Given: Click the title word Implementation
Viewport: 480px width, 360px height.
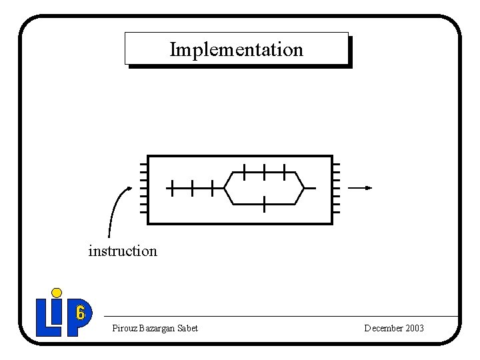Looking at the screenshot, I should pyautogui.click(x=236, y=49).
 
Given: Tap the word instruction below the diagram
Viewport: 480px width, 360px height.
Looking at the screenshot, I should pyautogui.click(x=123, y=251).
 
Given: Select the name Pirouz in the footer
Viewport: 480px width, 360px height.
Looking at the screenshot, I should pyautogui.click(x=125, y=328).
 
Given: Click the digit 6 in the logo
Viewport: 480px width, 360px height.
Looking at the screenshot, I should pyautogui.click(x=81, y=313).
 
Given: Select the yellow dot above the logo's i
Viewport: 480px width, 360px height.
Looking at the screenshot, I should pyautogui.click(x=57, y=292).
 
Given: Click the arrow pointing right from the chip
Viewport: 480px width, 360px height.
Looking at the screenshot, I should pyautogui.click(x=360, y=188).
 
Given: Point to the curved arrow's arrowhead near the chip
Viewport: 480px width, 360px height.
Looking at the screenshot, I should pyautogui.click(x=129, y=188).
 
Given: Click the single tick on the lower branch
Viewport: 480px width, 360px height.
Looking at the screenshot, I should pyautogui.click(x=265, y=204).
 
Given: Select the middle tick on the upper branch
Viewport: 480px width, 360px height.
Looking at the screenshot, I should pyautogui.click(x=265, y=171).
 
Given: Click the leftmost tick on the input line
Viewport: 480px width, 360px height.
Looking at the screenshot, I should pyautogui.click(x=171, y=188).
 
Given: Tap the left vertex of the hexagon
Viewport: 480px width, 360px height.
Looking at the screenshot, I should pyautogui.click(x=224, y=188).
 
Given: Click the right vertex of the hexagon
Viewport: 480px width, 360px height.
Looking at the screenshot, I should pyautogui.click(x=304, y=188).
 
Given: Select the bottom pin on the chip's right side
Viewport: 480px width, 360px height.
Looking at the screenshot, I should pyautogui.click(x=336, y=212).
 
